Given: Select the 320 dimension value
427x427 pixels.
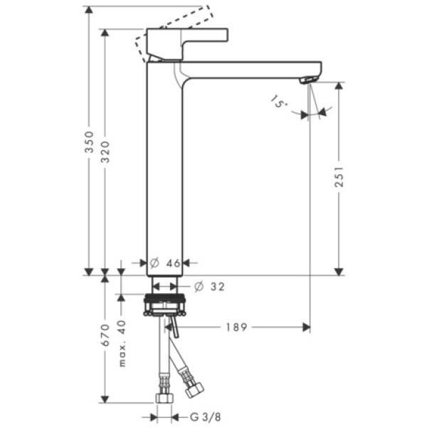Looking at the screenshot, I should coord(105,152).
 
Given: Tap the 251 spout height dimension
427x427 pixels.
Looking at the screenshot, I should coord(339,176).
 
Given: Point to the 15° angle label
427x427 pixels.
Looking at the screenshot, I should coord(279,103).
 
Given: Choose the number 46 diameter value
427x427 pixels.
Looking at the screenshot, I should coord(173,263).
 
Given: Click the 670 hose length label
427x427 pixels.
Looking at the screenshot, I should coord(105,334).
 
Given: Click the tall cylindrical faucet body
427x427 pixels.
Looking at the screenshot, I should coord(165,171).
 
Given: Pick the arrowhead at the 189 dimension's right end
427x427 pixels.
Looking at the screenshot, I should coord(306,327).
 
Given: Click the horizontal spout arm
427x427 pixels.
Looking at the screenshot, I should coord(249,69).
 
